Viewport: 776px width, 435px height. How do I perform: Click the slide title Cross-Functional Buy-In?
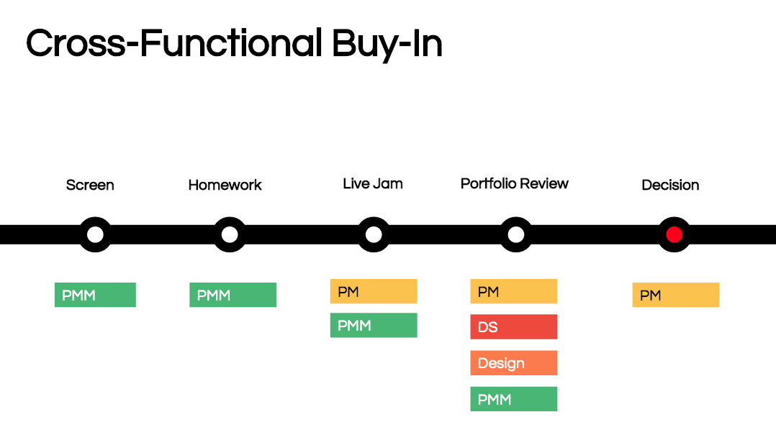pos(234,44)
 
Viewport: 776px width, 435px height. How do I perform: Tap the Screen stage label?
pos(90,185)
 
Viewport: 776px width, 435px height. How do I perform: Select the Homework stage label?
pos(225,185)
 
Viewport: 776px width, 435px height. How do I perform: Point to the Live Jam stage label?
pos(373,183)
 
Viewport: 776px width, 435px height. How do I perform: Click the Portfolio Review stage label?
pos(514,183)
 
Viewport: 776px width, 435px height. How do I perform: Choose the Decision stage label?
pos(670,185)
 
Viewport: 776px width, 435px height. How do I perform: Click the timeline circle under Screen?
pos(95,234)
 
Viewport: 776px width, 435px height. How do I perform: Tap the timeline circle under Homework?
pos(230,234)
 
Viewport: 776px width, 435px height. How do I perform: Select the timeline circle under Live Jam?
pos(374,234)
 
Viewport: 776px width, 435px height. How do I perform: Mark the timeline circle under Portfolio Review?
pos(515,234)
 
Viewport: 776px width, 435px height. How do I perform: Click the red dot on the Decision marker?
pos(674,234)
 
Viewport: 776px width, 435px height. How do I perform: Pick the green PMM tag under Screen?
pos(95,295)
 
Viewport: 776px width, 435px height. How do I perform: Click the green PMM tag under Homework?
pos(233,295)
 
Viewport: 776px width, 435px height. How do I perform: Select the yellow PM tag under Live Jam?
pos(374,291)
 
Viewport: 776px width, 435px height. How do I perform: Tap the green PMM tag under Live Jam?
pos(374,326)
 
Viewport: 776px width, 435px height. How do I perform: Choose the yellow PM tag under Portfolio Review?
pos(513,291)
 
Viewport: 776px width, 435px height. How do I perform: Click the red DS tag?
pos(513,326)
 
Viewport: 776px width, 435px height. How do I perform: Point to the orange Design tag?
pos(513,363)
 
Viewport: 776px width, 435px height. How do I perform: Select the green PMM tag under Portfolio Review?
pos(513,399)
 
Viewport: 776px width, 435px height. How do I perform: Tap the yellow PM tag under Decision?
pos(675,295)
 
